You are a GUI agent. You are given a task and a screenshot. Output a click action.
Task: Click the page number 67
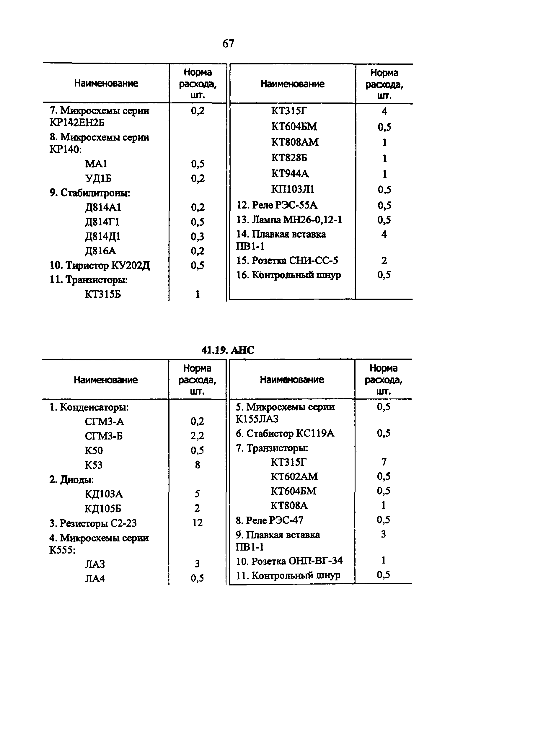tap(228, 43)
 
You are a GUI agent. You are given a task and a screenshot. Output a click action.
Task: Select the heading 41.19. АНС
tap(228, 350)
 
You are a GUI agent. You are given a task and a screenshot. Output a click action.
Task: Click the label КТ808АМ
tap(295, 142)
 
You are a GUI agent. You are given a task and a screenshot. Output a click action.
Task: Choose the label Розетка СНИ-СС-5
tap(287, 260)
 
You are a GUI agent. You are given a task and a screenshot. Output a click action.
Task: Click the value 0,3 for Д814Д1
tap(197, 236)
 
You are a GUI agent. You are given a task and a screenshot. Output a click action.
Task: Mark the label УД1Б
tap(98, 178)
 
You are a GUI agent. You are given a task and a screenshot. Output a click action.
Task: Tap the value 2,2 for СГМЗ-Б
tap(197, 436)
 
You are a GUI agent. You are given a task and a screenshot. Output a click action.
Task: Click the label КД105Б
tap(103, 508)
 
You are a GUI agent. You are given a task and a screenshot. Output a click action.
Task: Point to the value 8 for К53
tap(197, 465)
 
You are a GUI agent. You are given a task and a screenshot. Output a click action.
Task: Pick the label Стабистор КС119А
tap(285, 433)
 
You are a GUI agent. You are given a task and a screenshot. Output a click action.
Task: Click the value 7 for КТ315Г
tap(384, 462)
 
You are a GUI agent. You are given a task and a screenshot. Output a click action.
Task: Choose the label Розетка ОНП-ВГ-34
tap(289, 561)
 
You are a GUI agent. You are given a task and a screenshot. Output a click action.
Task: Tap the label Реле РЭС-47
tap(269, 520)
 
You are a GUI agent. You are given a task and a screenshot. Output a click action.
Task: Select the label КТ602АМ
tap(294, 476)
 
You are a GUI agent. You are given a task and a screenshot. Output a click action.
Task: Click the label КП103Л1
tap(292, 189)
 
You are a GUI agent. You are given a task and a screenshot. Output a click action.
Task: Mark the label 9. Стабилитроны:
tap(89, 193)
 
